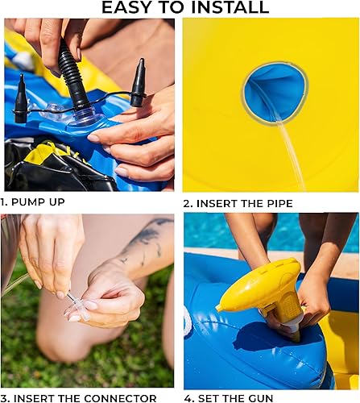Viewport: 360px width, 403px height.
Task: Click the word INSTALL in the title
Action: point(230,8)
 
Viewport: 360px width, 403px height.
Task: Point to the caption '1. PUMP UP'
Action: point(33,201)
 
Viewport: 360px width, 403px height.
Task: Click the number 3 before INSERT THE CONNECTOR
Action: point(4,397)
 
